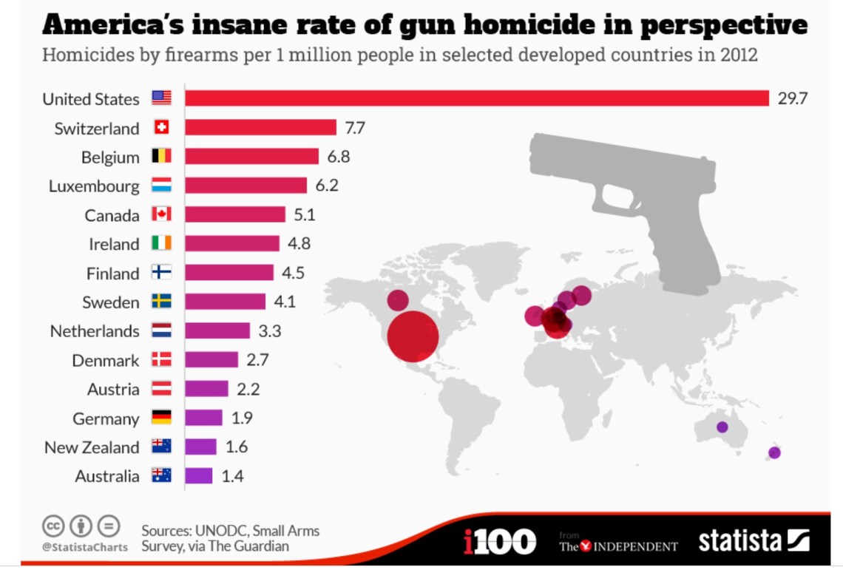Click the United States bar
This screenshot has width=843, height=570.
click(x=477, y=98)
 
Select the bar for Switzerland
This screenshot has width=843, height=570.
click(x=260, y=128)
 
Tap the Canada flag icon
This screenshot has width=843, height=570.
click(x=161, y=214)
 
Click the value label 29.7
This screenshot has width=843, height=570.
click(x=792, y=98)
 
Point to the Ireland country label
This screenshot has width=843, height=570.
click(x=115, y=244)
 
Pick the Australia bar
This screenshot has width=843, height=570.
click(x=198, y=476)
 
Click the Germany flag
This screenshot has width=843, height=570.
click(x=161, y=418)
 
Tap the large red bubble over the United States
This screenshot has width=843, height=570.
click(x=412, y=336)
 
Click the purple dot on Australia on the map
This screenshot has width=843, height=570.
click(x=722, y=427)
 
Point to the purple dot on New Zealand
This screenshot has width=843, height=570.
click(x=774, y=452)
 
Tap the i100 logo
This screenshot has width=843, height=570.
click(x=500, y=541)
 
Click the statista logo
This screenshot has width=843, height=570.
click(x=754, y=540)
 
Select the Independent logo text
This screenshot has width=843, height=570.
click(x=619, y=546)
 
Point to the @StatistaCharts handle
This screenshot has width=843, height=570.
click(x=84, y=547)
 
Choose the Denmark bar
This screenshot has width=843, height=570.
click(x=211, y=360)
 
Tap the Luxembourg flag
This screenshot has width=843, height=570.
click(x=161, y=186)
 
